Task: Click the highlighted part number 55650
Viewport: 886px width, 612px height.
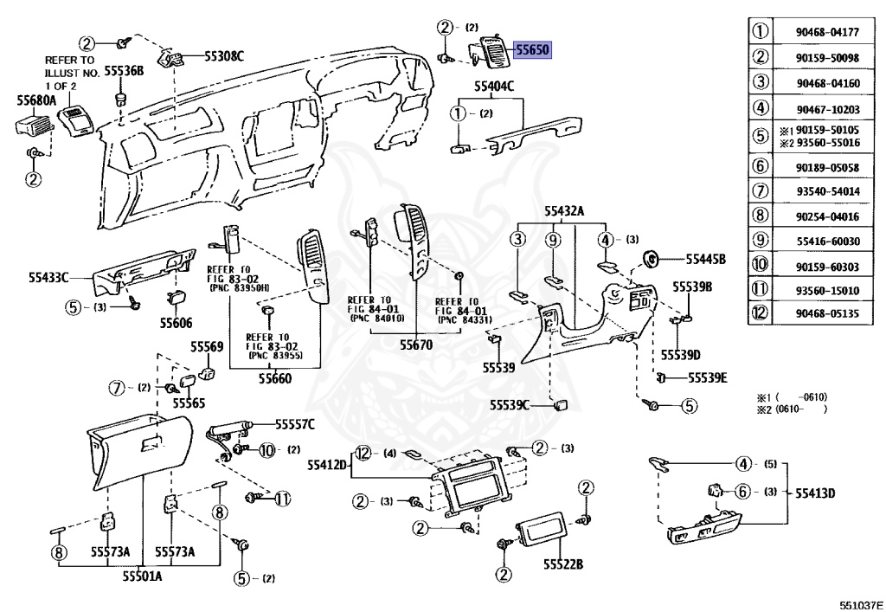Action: click(533, 50)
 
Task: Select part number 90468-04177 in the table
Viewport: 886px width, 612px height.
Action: click(827, 33)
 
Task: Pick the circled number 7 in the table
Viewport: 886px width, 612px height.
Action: click(760, 190)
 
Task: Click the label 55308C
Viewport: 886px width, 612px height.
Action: click(224, 57)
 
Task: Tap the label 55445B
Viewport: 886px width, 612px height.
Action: click(705, 259)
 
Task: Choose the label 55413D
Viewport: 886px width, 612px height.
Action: click(816, 493)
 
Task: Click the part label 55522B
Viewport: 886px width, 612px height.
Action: click(563, 564)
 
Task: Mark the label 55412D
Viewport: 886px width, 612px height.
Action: click(327, 466)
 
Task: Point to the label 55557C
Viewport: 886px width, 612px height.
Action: click(295, 424)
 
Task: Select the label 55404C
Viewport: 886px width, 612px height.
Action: click(493, 86)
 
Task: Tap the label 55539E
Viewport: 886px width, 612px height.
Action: click(707, 377)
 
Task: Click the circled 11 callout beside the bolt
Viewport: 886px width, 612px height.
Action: click(283, 498)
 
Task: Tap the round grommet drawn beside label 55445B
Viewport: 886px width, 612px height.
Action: click(652, 258)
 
